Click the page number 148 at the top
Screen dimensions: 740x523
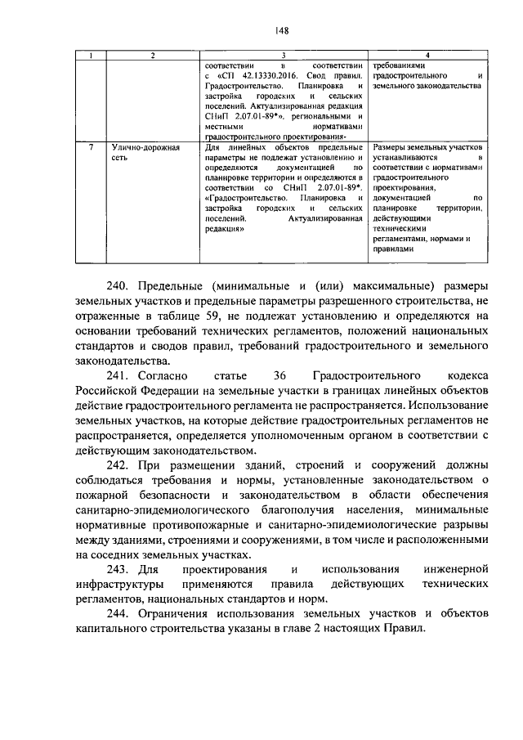tap(281, 30)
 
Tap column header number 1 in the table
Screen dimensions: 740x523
tap(93, 55)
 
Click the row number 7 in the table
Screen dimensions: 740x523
tap(92, 147)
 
